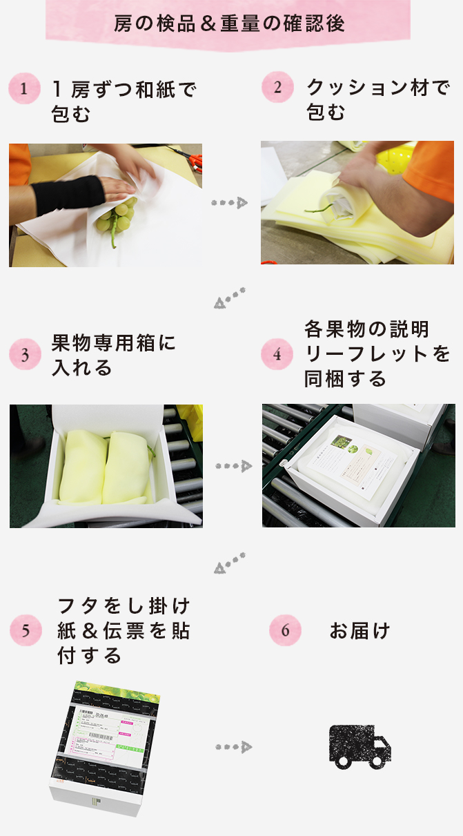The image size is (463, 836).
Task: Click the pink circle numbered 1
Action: point(24,90)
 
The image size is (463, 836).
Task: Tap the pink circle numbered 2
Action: point(277,88)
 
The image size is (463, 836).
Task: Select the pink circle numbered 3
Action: point(25,356)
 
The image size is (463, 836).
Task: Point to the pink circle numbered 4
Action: point(277,355)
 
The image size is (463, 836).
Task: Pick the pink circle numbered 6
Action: point(285,630)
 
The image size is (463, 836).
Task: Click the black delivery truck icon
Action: point(360,746)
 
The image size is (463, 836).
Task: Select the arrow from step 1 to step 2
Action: point(229,203)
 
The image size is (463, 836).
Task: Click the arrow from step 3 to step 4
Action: point(233,467)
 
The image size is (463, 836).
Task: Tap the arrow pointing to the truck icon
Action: point(233,747)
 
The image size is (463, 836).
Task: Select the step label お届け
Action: point(359,631)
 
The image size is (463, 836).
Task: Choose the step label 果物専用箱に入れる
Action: point(114,355)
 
